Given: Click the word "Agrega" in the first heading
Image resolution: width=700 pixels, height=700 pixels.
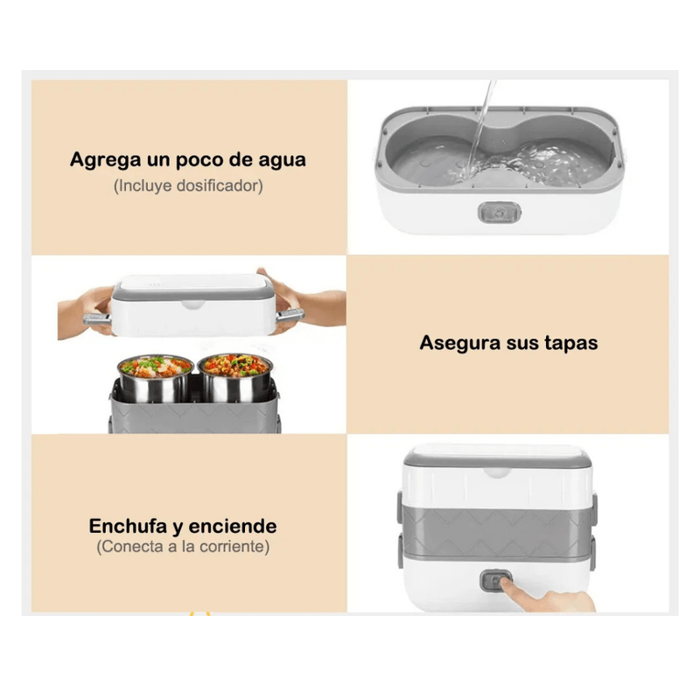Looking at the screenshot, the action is tap(105, 161).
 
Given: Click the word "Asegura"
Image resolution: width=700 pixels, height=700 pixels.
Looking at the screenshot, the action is tap(460, 344).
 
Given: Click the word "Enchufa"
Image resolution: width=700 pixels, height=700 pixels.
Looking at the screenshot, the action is tap(128, 527).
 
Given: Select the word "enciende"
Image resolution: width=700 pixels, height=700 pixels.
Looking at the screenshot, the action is tap(233, 527).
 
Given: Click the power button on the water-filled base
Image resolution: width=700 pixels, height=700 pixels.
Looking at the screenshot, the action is tap(499, 212).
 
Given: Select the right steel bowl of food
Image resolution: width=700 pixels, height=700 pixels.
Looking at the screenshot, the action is tap(235, 377).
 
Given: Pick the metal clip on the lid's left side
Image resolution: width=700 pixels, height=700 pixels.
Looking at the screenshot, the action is tap(97, 318).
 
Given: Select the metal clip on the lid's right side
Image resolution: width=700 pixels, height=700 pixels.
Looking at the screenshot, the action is tap(290, 315).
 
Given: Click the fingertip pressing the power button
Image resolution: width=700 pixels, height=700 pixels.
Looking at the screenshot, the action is tap(507, 583).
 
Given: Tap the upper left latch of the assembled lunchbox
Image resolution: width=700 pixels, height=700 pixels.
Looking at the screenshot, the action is tap(400, 507).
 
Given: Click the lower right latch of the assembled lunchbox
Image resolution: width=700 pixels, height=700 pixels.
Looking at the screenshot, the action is tap(592, 553).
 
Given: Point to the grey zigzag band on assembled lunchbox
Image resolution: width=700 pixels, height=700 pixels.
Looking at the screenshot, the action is tap(496, 532).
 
